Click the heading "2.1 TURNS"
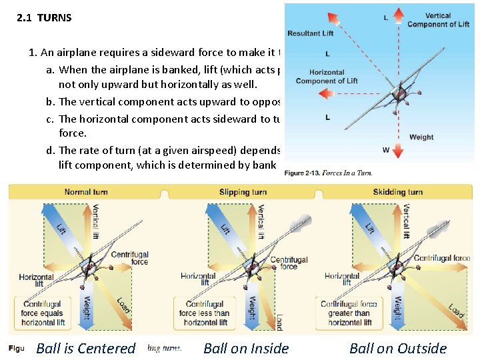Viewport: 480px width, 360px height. (44, 18)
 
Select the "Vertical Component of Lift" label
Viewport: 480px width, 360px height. (438, 20)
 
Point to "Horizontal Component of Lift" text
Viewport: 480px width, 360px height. (327, 77)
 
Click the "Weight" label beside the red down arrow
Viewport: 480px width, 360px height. (421, 137)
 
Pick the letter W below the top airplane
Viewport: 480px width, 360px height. (386, 150)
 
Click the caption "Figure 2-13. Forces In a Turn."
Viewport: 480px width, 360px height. (328, 173)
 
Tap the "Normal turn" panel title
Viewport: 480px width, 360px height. (86, 192)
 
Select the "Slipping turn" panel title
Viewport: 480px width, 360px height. (243, 192)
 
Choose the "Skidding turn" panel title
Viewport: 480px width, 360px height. (397, 192)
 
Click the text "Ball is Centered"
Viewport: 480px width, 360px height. (85, 348)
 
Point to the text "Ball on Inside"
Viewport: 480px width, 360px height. (246, 348)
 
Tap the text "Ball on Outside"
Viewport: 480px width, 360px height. (398, 348)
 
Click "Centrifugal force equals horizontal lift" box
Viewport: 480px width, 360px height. (43, 313)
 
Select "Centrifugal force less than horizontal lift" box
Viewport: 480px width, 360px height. (205, 313)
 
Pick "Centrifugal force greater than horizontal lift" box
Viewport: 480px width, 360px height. (349, 313)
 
